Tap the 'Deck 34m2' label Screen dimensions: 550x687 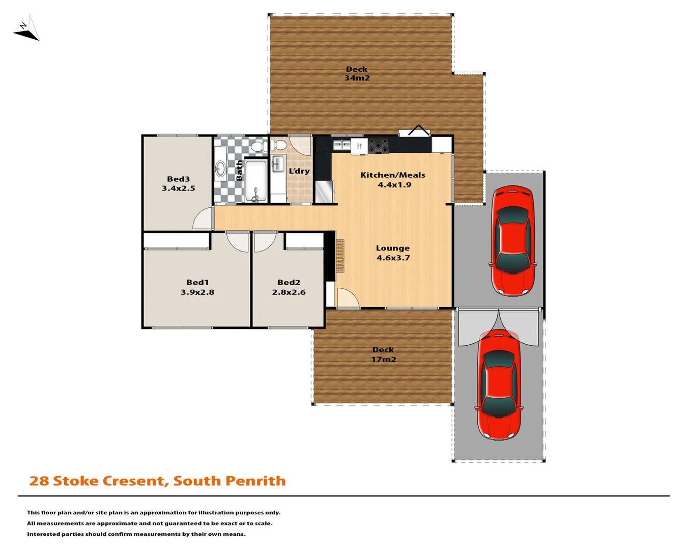[357, 74]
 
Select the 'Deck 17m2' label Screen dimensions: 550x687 [383, 354]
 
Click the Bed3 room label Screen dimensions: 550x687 [178, 183]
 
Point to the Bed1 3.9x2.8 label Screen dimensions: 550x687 [197, 287]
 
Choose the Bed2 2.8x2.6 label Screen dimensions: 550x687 [289, 287]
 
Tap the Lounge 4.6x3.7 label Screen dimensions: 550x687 [393, 253]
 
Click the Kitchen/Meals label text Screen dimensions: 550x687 [392, 175]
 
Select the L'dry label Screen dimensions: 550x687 [299, 171]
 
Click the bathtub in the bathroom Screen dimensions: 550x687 [255, 181]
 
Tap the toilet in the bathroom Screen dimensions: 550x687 [258, 147]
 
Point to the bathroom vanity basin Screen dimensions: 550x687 [220, 169]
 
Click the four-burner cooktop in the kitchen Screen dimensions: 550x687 [378, 146]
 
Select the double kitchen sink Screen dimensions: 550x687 [341, 146]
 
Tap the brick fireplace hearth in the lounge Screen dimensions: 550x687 [339, 256]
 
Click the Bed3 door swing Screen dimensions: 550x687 [204, 219]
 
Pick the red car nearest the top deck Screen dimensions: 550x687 [512, 240]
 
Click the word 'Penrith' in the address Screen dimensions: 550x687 [255, 481]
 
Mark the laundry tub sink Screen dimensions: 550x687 [277, 164]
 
